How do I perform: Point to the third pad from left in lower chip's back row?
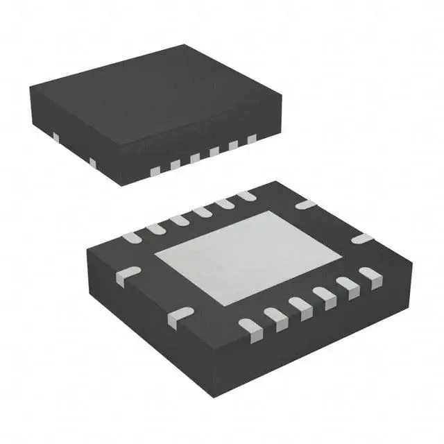(180, 219)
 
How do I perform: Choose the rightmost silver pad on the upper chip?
(251, 139)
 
